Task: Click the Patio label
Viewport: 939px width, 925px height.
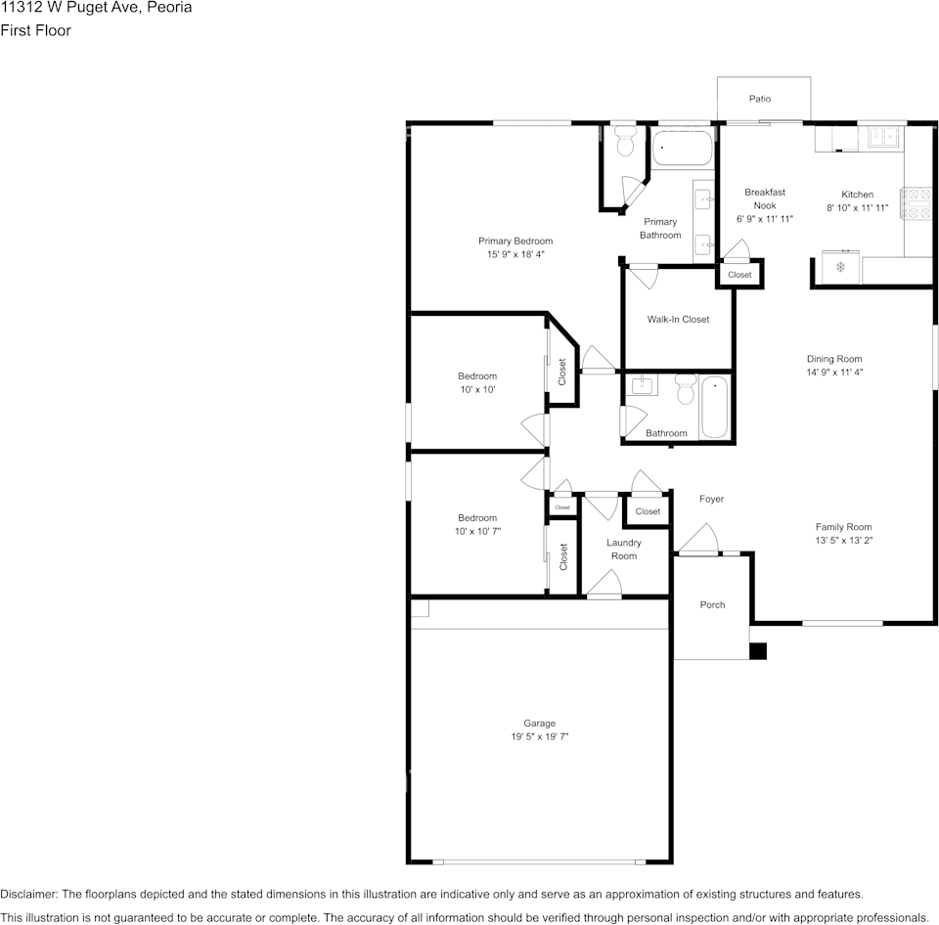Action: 759,99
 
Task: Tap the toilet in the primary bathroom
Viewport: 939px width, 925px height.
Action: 625,141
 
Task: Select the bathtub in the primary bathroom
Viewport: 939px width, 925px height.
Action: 682,148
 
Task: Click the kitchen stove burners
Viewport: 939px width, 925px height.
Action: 917,203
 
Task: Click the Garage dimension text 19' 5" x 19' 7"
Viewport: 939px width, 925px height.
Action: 540,736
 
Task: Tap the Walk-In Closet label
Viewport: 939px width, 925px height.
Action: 678,319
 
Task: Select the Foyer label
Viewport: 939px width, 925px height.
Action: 711,499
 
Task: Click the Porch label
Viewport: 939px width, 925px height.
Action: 712,604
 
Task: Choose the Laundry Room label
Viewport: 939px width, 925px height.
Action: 623,549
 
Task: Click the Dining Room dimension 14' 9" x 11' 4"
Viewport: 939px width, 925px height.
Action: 834,372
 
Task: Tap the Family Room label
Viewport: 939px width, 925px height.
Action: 843,527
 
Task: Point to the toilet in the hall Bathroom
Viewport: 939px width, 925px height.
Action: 686,388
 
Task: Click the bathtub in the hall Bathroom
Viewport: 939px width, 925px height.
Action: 714,407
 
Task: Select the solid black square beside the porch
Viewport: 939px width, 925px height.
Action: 758,651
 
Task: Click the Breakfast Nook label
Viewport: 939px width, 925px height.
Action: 765,198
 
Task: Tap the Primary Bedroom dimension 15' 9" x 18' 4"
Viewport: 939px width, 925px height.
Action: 515,254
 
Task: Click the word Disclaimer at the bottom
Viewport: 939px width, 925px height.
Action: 27,894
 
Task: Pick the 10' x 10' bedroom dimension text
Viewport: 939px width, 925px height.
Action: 477,389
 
